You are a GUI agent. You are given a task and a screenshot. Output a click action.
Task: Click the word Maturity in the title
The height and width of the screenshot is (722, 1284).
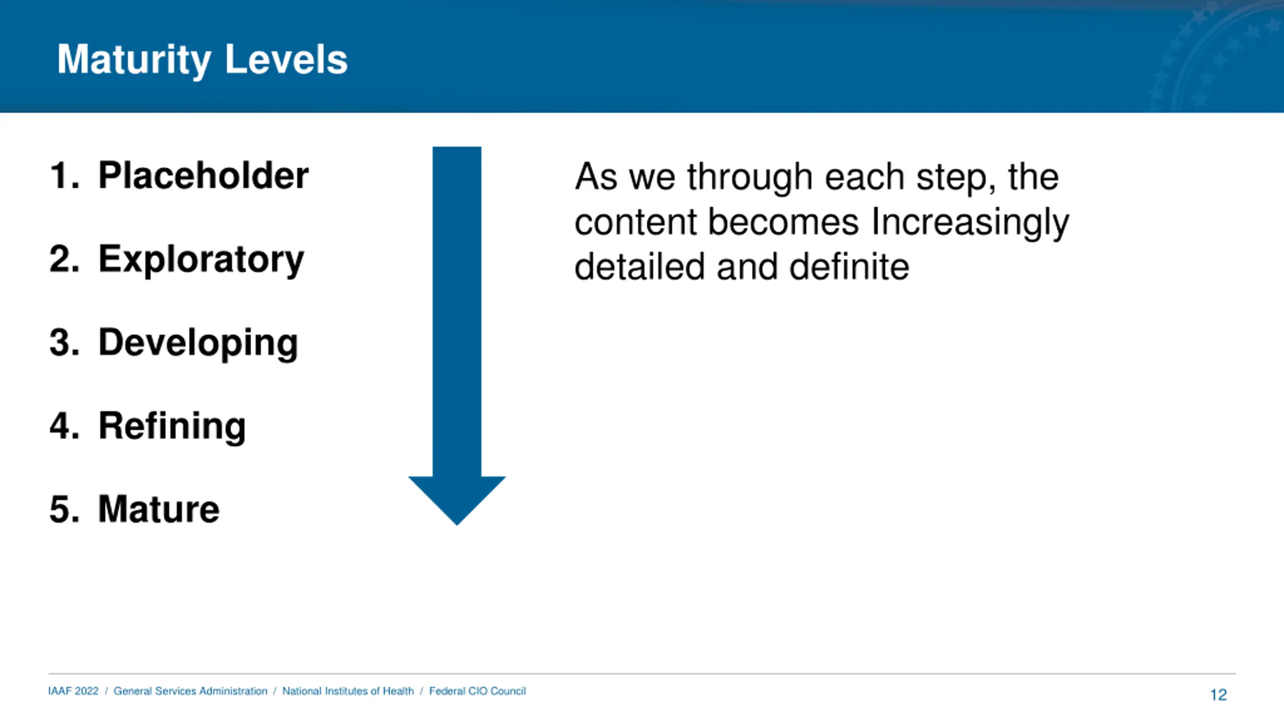134,60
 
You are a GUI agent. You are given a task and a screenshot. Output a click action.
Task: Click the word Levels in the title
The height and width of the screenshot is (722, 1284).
286,59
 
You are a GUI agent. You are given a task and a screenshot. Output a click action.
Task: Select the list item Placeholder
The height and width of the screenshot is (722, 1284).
203,175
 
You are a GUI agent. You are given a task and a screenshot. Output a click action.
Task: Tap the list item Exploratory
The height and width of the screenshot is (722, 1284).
201,260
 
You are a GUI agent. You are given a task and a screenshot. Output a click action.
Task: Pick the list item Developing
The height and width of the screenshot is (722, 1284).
198,343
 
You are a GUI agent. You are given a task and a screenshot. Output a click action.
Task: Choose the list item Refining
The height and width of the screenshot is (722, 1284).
172,427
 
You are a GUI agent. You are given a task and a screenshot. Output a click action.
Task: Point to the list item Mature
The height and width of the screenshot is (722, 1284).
158,509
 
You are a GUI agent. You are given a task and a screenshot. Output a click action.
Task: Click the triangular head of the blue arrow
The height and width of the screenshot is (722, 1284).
457,499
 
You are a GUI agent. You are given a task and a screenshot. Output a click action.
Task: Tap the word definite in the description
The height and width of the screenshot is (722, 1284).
849,266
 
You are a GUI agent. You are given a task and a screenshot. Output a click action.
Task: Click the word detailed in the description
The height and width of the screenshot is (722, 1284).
639,266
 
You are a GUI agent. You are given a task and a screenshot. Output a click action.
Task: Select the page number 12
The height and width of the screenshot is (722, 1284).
1218,695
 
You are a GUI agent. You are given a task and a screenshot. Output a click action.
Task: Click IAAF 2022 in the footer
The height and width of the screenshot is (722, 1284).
73,691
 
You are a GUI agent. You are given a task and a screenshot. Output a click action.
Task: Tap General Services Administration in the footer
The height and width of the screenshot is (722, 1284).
191,691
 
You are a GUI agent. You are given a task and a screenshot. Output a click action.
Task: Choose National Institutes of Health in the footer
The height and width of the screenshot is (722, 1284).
348,691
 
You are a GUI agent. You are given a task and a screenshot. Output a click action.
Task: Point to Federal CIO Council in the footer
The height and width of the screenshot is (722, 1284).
477,691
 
